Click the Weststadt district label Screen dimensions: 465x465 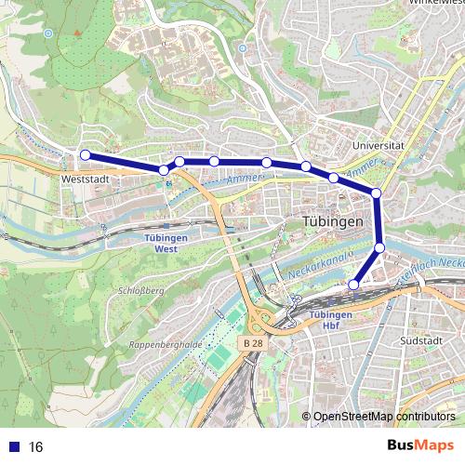[x=86, y=174]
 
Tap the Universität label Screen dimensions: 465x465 [x=382, y=146]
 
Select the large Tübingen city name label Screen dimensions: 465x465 [x=332, y=223]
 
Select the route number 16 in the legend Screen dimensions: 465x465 [x=36, y=447]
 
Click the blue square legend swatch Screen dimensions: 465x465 [x=13, y=447]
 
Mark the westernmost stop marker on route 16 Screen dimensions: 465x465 [x=85, y=154]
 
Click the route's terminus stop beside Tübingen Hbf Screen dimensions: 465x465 [x=353, y=284]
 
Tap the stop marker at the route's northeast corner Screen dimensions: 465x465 [x=377, y=193]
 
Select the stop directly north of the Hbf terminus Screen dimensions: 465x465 [x=380, y=246]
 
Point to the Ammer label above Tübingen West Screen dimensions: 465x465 [x=240, y=177]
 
